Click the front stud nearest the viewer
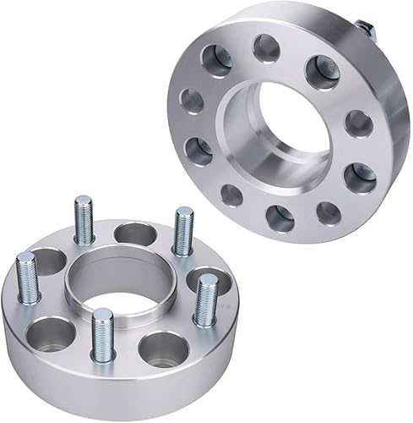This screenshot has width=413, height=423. pos(103,335)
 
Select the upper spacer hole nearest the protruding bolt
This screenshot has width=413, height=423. pos(322,68)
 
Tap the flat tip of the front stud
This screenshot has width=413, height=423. pos(103,314)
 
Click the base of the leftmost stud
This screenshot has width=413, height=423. pos(29,298)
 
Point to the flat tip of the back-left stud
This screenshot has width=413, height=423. pos(83,201)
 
